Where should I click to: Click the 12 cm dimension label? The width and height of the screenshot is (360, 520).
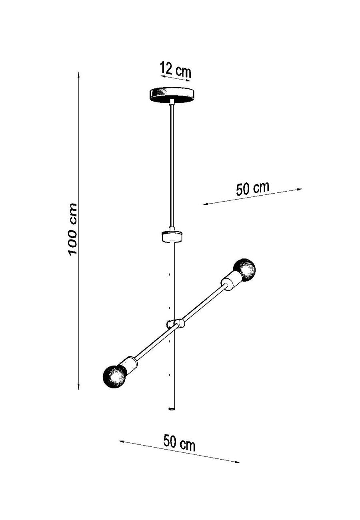(176, 70)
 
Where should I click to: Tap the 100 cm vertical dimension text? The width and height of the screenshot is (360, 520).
(72, 229)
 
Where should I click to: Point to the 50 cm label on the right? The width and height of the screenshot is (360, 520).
(252, 188)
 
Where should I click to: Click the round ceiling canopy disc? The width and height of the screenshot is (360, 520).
(172, 94)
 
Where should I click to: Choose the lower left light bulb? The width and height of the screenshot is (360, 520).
(115, 376)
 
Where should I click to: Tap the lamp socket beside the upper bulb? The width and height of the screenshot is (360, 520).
(230, 280)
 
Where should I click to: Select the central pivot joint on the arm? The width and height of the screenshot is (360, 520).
(175, 324)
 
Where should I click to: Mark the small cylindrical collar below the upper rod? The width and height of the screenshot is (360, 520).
(172, 236)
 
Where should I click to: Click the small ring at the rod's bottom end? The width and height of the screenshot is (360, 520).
(172, 409)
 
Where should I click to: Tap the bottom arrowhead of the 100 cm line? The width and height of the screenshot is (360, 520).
(79, 387)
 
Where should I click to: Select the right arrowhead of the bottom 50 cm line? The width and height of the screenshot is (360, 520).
(237, 462)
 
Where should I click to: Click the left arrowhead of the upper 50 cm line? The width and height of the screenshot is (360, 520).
(205, 204)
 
